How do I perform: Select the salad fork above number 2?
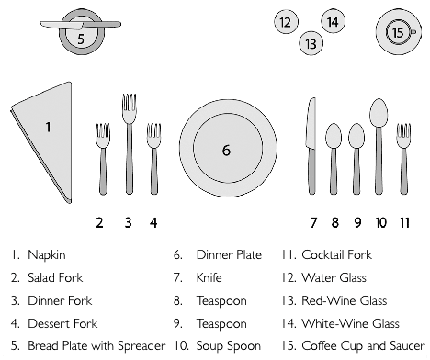pos(103,159)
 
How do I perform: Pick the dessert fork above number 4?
pos(153,159)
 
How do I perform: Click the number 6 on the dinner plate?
pos(226,151)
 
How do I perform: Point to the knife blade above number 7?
pos(311,123)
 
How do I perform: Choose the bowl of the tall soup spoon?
pos(379,113)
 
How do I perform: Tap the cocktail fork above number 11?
pos(403,159)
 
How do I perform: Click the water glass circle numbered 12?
pos(286,22)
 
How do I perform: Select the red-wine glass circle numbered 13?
pos(311,43)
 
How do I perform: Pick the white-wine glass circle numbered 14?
pos(333,21)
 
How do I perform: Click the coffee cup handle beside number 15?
pos(413,31)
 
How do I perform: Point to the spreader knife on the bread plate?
pos(81,25)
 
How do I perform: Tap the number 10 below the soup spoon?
pos(380,222)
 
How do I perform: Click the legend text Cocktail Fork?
pos(336,254)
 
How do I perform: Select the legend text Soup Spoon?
pos(229,345)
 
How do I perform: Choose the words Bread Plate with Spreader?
pos(96,345)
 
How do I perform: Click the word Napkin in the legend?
pos(47,255)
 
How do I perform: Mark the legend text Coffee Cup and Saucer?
pos(363,345)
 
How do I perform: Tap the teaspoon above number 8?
pos(334,159)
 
